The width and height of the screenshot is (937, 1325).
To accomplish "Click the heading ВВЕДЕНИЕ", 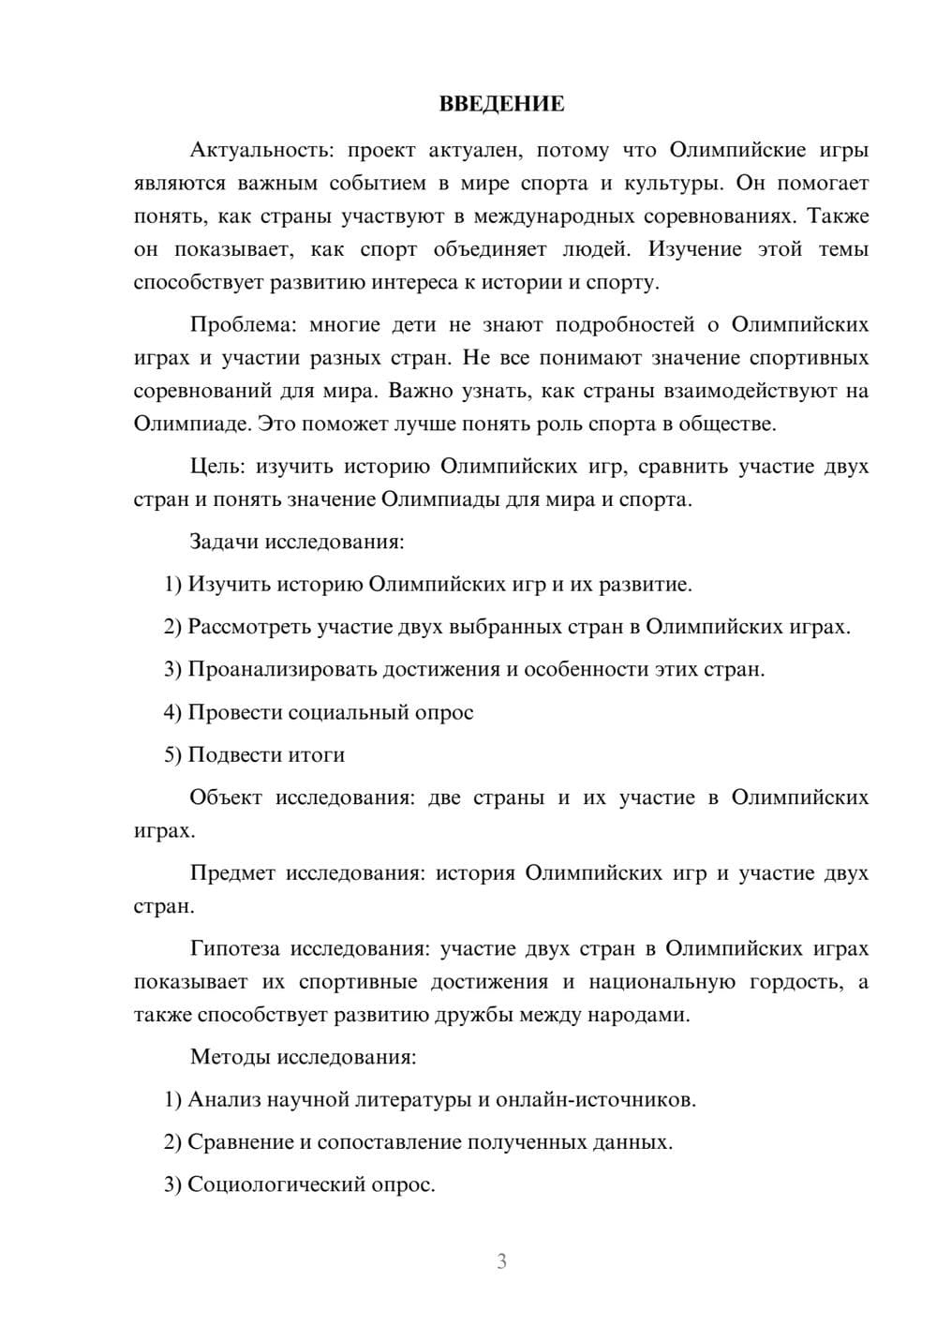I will (x=501, y=104).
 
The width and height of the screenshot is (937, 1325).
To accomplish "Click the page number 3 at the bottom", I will (x=501, y=1261).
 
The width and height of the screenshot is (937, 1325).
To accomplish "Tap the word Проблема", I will (x=243, y=325).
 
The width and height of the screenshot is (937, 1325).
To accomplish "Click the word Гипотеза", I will (x=235, y=948).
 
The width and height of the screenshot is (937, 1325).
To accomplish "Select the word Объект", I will (x=226, y=797).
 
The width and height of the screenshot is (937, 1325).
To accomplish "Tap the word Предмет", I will (x=232, y=873).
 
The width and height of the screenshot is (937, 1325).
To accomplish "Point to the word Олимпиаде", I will (x=191, y=424).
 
